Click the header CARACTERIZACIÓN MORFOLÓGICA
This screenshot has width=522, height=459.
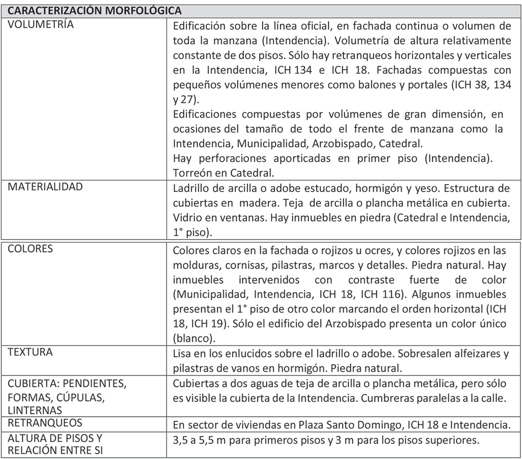(94, 11)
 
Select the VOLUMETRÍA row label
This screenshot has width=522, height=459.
(41, 24)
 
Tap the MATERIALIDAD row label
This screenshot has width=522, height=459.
(45, 187)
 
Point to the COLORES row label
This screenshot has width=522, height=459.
(30, 249)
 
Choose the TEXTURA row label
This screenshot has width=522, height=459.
(30, 352)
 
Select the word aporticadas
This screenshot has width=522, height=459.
(302, 158)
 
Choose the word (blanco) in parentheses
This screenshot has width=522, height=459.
(194, 338)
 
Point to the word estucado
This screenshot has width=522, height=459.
(325, 188)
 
